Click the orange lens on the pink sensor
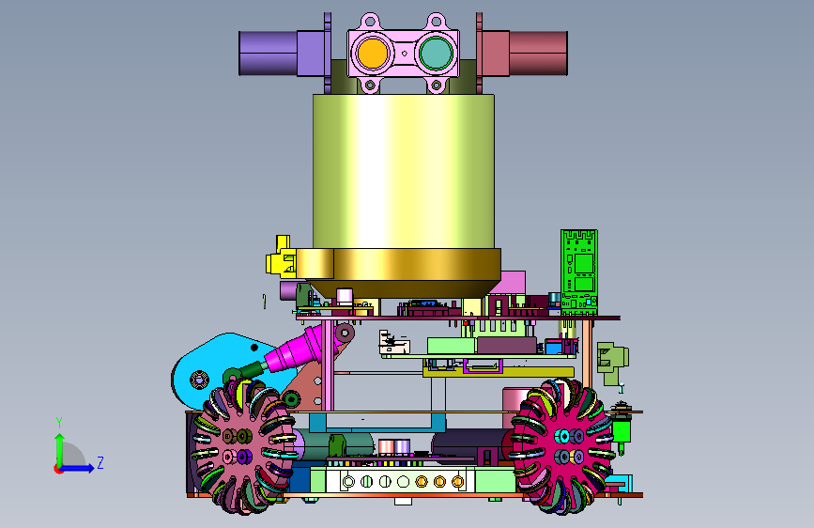372,53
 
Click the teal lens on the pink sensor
435,53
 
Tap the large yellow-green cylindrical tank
404,172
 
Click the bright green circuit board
579,272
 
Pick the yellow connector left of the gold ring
281,257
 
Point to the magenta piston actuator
293,349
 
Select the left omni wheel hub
237,446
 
